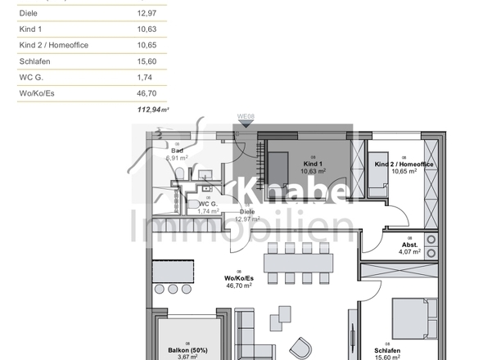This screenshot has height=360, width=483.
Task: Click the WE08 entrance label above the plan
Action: (246, 118)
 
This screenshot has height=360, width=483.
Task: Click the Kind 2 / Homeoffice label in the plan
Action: (404, 164)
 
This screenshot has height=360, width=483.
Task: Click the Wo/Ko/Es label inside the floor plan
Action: (237, 278)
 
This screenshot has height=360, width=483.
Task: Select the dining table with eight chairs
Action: (299, 263)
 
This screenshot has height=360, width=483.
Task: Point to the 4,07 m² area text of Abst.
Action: (409, 252)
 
